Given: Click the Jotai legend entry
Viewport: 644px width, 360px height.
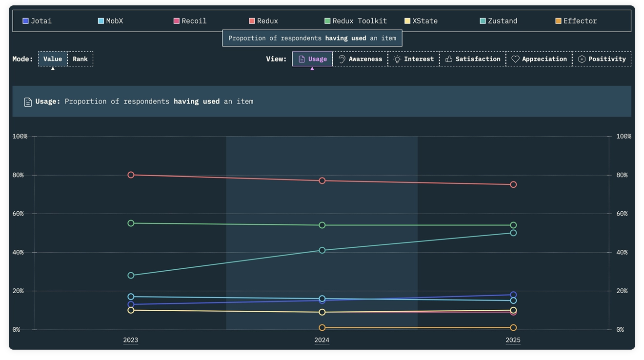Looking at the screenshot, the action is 37,21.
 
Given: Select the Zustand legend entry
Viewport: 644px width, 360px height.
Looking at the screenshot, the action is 498,21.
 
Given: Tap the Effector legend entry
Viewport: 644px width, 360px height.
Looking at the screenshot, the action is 576,21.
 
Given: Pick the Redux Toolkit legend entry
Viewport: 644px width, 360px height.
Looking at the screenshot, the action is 355,21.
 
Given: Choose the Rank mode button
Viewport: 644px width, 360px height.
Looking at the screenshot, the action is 80,59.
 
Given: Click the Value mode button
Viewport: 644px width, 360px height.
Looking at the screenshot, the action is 53,59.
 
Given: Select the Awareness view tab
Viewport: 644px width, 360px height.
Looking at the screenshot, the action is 360,59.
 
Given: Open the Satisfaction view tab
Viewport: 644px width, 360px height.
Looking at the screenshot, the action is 473,59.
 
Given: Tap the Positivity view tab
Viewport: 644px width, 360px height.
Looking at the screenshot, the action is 602,59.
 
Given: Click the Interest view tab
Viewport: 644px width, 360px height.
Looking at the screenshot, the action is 414,59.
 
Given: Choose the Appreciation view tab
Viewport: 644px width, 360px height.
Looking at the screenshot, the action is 539,59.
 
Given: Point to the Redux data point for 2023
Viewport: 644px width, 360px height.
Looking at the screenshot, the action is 131,175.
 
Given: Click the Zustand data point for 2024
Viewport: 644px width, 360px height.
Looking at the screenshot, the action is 322,250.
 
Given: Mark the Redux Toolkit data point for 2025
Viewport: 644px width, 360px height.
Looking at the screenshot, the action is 513,225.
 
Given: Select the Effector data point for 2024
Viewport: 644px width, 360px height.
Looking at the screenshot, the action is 322,327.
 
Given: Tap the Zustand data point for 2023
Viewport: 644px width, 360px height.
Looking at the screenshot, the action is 131,276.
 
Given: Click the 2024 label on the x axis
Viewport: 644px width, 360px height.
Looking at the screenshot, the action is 322,340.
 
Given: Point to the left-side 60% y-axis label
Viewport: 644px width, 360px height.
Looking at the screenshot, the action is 18,214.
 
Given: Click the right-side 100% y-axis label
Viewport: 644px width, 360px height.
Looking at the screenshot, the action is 624,136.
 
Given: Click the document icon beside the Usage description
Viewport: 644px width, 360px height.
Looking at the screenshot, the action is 28,102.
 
